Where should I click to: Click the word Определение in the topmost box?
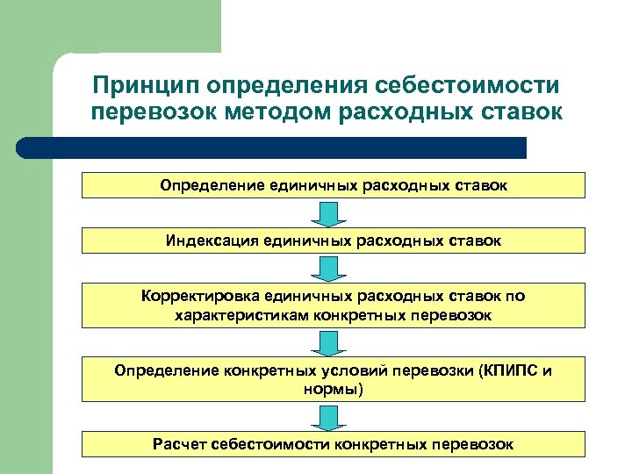[201, 185]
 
